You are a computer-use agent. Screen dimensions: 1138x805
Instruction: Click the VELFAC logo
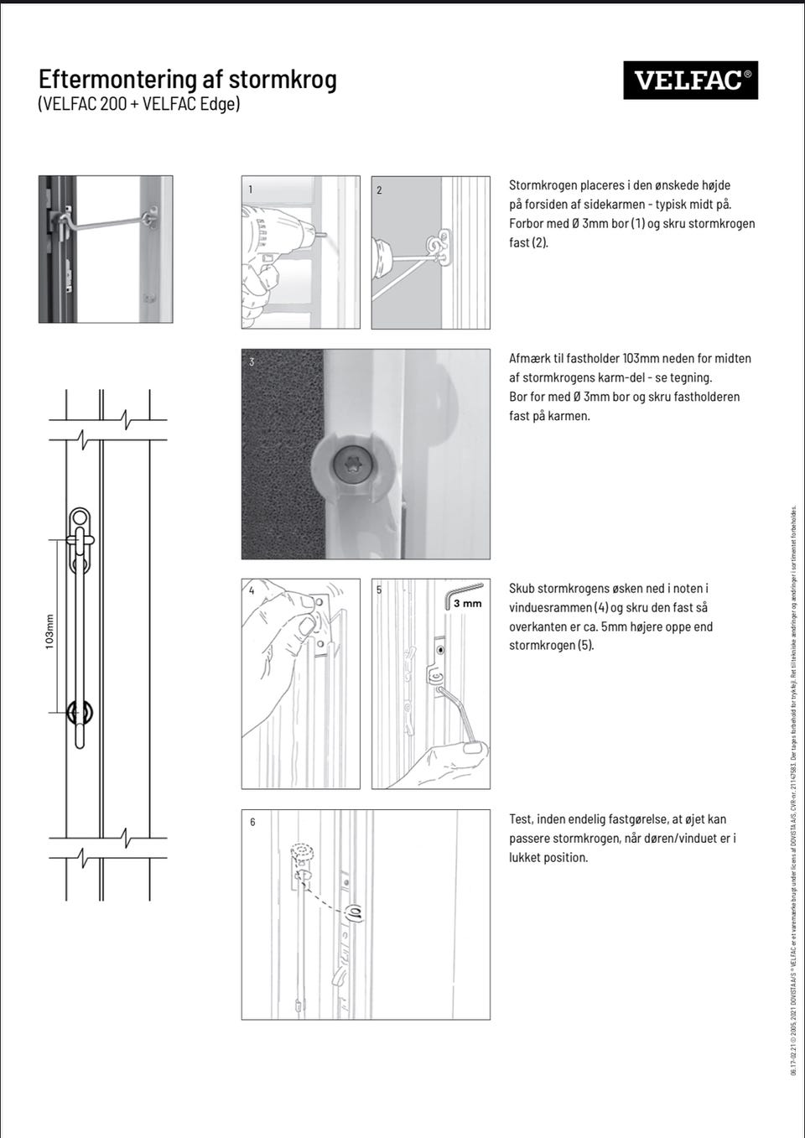coord(690,81)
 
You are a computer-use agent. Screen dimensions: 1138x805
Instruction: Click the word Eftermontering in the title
coord(116,80)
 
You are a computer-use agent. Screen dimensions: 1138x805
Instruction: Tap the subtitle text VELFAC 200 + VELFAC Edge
coord(139,104)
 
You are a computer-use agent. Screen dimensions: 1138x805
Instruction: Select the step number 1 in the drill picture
coord(250,190)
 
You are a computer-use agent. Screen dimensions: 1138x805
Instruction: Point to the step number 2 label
coord(379,190)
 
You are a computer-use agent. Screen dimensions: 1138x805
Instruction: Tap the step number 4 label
coord(252,590)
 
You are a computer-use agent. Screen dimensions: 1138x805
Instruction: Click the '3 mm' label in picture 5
coord(467,603)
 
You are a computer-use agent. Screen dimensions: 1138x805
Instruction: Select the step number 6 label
coord(252,822)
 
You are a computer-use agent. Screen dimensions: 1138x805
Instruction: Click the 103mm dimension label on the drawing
coord(49,631)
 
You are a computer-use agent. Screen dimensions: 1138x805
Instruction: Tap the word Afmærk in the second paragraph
coord(530,359)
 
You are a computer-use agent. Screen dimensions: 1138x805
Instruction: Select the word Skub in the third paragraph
coord(523,589)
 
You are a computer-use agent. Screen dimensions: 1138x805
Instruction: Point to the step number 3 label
coord(252,361)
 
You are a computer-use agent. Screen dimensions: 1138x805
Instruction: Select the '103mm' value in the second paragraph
coord(642,359)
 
